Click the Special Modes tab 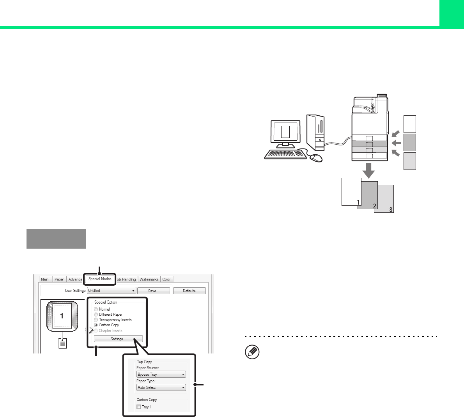100,279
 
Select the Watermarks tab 149,279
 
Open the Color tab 166,279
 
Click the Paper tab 59,279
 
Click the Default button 189,291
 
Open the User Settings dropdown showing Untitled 112,291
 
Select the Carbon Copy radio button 96,325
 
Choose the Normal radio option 96,309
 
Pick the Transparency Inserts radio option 96,320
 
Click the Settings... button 118,339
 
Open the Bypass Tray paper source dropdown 161,375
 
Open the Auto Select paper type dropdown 161,388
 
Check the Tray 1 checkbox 139,407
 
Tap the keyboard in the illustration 285,154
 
